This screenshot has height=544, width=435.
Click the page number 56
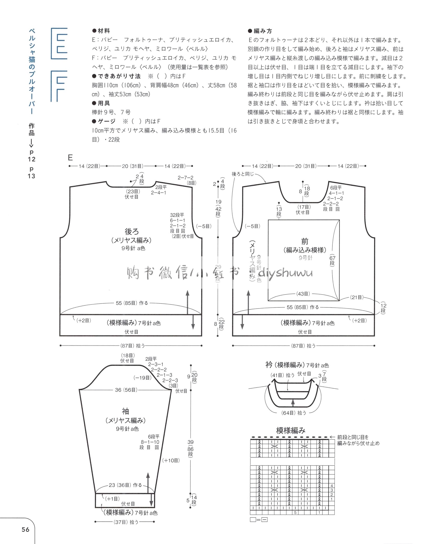click(x=26, y=530)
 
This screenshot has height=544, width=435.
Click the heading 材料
click(x=104, y=31)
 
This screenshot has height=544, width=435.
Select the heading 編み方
click(x=263, y=31)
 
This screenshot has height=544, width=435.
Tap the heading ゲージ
click(x=107, y=121)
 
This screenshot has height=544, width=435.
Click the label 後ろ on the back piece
click(x=131, y=231)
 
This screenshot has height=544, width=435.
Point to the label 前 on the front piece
click(x=305, y=241)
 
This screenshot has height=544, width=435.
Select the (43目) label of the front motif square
click(x=303, y=294)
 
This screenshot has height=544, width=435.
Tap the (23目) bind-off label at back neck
click(x=133, y=192)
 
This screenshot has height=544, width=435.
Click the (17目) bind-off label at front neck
click(x=304, y=207)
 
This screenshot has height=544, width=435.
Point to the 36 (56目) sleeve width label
click(x=126, y=390)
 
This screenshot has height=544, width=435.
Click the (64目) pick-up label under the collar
click(x=288, y=413)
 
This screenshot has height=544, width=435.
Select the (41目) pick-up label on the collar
click(x=277, y=375)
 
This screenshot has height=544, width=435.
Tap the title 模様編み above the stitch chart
click(x=291, y=431)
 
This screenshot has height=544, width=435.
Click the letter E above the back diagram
click(x=70, y=158)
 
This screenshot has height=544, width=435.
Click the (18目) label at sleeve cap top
click(x=128, y=356)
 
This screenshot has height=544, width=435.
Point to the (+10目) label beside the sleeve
click(x=171, y=460)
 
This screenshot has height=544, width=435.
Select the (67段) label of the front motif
click(x=332, y=260)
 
